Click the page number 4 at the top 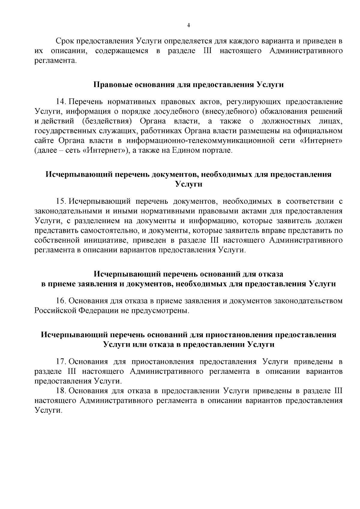pos(188,25)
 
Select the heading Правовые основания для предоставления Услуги pos(189,85)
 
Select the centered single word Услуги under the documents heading pos(188,184)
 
